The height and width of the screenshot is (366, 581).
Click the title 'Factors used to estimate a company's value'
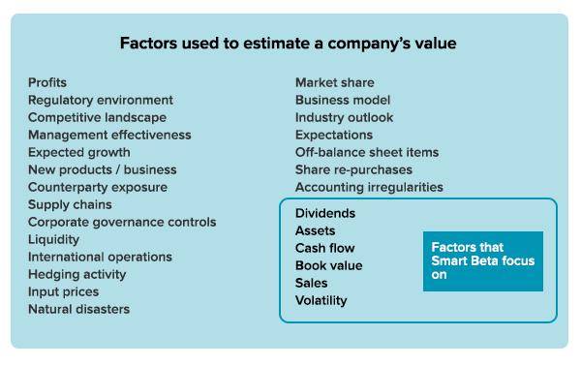point(288,44)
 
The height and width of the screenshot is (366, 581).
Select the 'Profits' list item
point(47,83)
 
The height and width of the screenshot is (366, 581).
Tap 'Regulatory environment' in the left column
point(101,101)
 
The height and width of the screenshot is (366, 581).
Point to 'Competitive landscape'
point(97,118)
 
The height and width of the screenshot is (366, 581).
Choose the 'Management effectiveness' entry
point(109,136)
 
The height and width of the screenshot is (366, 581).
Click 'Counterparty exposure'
point(97,188)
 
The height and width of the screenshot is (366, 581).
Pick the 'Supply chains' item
point(70,205)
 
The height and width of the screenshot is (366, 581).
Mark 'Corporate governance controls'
point(122,223)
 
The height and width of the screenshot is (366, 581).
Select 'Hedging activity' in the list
point(76,275)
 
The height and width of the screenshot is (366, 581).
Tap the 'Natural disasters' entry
point(78,310)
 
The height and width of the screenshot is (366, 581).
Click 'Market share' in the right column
point(334,83)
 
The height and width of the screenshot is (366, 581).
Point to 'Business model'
point(343,101)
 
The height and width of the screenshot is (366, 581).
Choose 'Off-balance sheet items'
point(367,153)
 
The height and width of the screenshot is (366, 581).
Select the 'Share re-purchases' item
point(353,170)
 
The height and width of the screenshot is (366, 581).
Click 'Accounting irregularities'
point(369,188)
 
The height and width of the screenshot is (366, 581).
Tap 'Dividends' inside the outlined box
point(325,213)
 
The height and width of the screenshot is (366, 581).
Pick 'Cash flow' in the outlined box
point(324,248)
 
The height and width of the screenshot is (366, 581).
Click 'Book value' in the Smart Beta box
point(328,265)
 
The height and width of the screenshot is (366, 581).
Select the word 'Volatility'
point(321,300)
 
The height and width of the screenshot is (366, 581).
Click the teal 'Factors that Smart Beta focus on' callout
point(482,260)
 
